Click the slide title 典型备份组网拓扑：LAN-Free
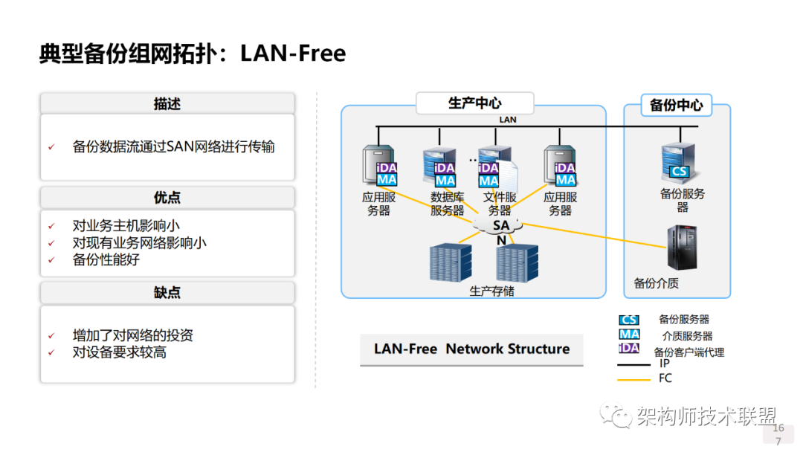coord(192,54)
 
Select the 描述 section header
coord(167,103)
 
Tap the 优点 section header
coord(167,198)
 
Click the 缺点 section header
coord(167,292)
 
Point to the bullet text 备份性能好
coord(106,259)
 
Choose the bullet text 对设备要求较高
coord(119,352)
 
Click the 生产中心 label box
coord(474,103)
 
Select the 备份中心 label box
coord(676,105)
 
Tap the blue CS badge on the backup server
coord(679,172)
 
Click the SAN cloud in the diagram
coord(501,225)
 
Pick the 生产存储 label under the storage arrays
coord(491,291)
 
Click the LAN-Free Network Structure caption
coord(471,349)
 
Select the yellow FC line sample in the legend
coord(633,379)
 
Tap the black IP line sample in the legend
coord(633,364)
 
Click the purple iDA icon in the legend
coord(628,348)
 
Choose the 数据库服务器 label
coord(447,204)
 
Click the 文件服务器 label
coord(500,204)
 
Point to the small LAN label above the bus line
coord(507,119)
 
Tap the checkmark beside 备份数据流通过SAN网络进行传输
coord(51,147)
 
